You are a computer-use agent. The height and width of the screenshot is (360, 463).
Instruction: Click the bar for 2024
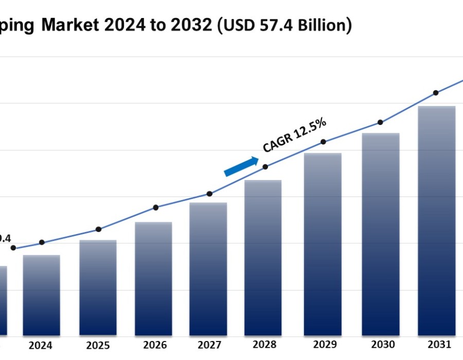click(x=41, y=295)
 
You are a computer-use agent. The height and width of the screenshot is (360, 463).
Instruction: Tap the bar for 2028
click(x=263, y=258)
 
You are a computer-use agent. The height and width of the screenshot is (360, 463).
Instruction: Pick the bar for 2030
click(x=381, y=234)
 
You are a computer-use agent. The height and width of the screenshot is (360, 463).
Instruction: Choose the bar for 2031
click(x=436, y=221)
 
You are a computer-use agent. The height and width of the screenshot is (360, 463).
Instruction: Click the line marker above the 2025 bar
click(x=98, y=229)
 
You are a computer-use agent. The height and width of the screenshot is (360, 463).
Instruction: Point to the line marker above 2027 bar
click(x=209, y=194)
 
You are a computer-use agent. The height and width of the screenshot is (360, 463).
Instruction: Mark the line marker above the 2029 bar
click(x=323, y=142)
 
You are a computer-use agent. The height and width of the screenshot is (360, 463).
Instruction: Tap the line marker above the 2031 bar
click(x=436, y=93)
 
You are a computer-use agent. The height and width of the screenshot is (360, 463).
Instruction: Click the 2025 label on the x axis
click(x=98, y=346)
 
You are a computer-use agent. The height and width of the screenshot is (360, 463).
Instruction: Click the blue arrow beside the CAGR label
click(x=241, y=167)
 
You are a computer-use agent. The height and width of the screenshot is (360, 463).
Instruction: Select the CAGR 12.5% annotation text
click(x=295, y=135)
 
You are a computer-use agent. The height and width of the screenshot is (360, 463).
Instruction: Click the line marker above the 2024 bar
click(x=42, y=242)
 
